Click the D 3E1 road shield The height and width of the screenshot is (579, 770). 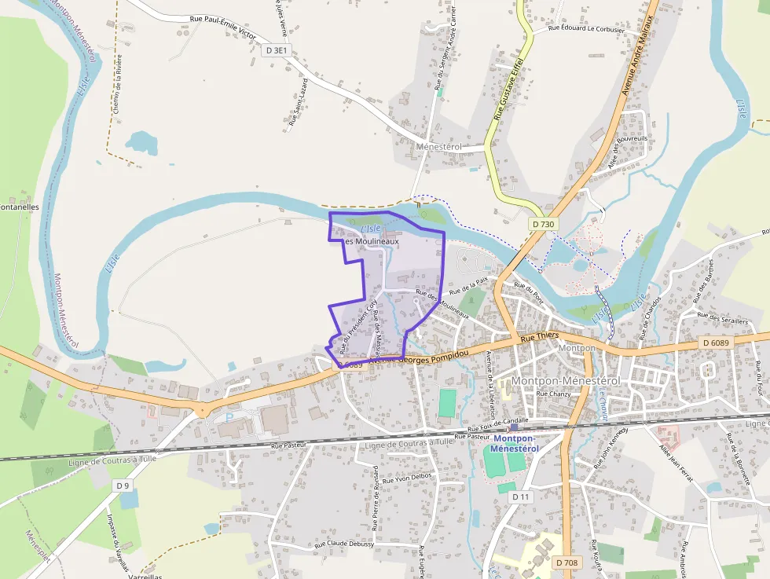click(x=277, y=50)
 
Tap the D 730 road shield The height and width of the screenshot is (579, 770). click(x=542, y=224)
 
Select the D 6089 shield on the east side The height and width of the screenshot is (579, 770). click(x=716, y=343)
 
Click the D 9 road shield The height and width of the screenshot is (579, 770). click(x=123, y=486)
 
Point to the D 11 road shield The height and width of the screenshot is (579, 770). click(x=520, y=497)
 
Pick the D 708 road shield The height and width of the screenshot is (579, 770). click(x=566, y=563)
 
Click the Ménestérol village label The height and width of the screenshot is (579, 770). click(x=440, y=147)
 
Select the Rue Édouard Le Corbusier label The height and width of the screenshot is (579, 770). click(x=586, y=29)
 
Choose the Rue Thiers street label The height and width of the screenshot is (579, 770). click(x=539, y=335)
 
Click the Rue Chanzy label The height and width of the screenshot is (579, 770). click(x=554, y=394)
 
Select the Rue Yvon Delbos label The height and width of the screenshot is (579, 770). click(x=414, y=477)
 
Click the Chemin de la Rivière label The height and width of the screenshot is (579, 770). click(x=118, y=89)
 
